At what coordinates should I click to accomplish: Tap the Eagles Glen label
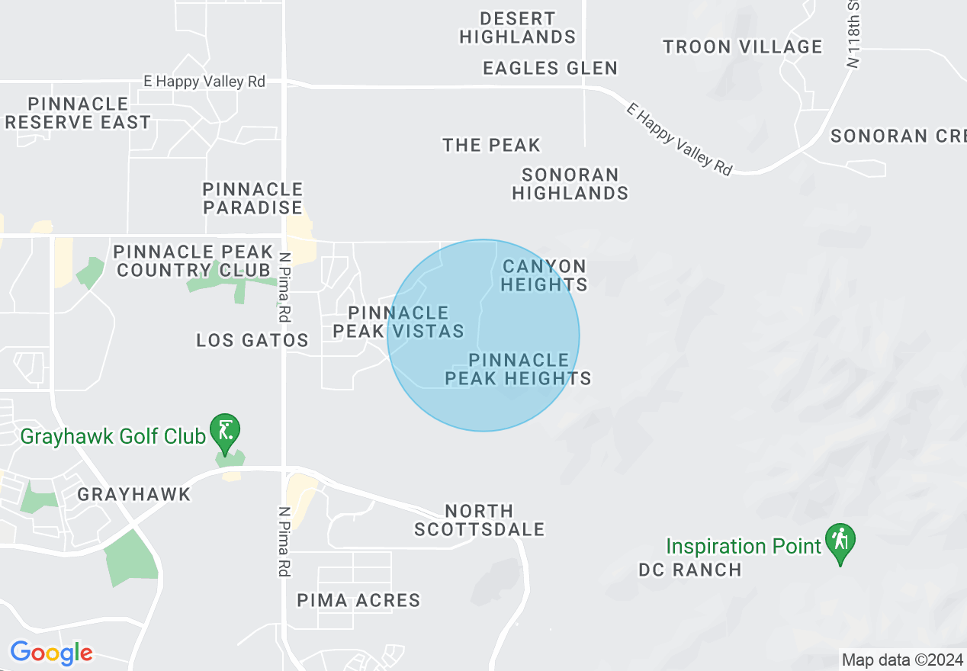pyautogui.click(x=550, y=68)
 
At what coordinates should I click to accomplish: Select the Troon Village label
pyautogui.click(x=742, y=47)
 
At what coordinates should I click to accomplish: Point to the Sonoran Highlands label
pyautogui.click(x=570, y=184)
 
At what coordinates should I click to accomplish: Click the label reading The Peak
pyautogui.click(x=491, y=145)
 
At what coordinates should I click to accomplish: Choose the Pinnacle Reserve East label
pyautogui.click(x=78, y=113)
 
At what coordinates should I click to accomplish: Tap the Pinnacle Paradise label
pyautogui.click(x=252, y=198)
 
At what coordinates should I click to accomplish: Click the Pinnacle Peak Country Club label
pyautogui.click(x=194, y=261)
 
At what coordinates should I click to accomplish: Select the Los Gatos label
pyautogui.click(x=252, y=340)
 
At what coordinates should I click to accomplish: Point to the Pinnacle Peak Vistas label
pyautogui.click(x=399, y=322)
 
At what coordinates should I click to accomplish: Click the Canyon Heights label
pyautogui.click(x=545, y=275)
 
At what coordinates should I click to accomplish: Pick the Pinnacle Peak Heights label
pyautogui.click(x=519, y=369)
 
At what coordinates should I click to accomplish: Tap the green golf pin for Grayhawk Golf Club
pyautogui.click(x=224, y=432)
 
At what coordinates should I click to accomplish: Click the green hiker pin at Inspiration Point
pyautogui.click(x=840, y=541)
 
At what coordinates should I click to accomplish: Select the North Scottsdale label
pyautogui.click(x=479, y=520)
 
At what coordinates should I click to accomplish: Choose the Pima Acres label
pyautogui.click(x=358, y=600)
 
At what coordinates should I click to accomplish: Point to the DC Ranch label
pyautogui.click(x=689, y=570)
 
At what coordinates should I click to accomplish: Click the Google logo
pyautogui.click(x=51, y=653)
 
